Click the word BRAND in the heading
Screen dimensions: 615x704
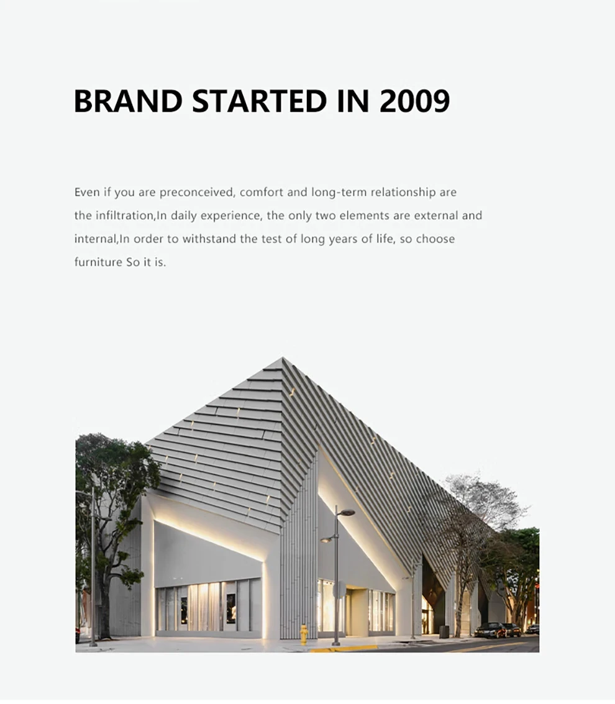127,101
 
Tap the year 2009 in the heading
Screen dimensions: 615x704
414,101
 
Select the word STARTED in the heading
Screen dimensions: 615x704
259,101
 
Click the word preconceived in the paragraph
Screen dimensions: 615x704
197,192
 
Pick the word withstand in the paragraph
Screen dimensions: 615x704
209,239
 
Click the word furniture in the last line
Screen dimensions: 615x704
98,262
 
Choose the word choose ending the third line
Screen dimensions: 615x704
435,239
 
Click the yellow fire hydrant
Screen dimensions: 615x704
304,634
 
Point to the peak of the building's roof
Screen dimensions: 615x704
283,358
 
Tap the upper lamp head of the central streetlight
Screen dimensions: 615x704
347,512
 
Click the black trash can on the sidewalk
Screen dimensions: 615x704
444,631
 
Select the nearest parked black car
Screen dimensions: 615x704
490,630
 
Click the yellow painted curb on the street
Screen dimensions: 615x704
343,648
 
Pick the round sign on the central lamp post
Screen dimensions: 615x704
340,589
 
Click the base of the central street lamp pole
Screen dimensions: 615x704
336,643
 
